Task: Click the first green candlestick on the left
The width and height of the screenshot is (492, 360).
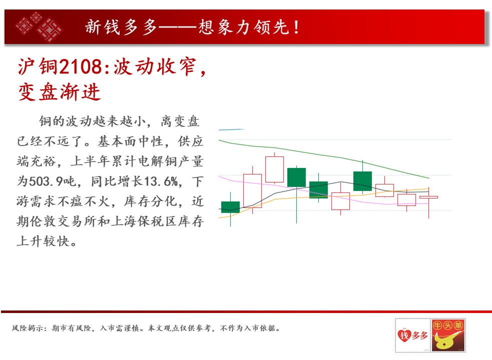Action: [x=230, y=207]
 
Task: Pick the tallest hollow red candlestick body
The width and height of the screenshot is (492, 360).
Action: [x=252, y=190]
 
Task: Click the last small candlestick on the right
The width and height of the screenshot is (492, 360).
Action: [x=428, y=197]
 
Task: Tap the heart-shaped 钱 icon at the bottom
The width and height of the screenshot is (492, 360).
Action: [x=404, y=335]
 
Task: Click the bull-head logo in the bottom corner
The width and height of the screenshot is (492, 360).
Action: [x=448, y=335]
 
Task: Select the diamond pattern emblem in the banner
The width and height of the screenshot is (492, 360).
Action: [x=39, y=26]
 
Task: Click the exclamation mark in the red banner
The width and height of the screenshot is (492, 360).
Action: [x=296, y=27]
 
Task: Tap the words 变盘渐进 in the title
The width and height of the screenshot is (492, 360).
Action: [x=59, y=92]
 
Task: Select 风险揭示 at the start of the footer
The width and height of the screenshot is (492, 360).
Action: [x=28, y=328]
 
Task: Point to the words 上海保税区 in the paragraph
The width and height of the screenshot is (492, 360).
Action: [x=144, y=221]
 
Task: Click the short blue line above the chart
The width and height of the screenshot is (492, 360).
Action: [x=232, y=129]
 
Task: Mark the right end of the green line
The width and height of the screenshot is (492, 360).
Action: [x=429, y=178]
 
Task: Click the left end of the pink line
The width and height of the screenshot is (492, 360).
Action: [x=219, y=176]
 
